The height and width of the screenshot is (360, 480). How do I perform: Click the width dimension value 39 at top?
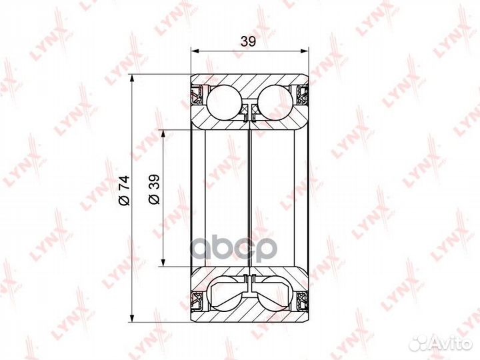248,41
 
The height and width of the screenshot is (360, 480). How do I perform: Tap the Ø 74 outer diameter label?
124,190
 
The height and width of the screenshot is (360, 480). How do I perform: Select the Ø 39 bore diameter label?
154,189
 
